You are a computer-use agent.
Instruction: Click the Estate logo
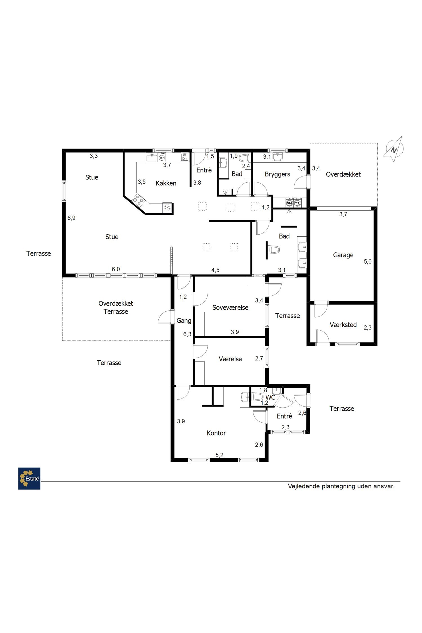point(29,479)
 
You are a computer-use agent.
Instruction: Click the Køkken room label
point(166,183)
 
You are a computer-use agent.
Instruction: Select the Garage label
point(343,255)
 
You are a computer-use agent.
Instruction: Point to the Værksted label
point(343,325)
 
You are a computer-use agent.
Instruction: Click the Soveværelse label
point(230,307)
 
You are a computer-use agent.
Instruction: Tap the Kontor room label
point(216,433)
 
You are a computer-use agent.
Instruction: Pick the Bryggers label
point(277,174)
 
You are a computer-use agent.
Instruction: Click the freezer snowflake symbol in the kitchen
point(167,208)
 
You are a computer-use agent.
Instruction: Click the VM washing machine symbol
point(289,203)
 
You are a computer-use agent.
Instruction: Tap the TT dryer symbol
point(297,203)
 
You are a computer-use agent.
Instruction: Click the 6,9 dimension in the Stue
point(71,218)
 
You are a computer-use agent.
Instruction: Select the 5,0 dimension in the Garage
point(368,262)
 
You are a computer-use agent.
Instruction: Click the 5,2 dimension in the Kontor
point(219,455)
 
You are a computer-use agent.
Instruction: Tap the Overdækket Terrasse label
point(116,307)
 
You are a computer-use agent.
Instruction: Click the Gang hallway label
point(184,321)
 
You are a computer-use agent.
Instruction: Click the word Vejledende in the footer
point(304,486)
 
